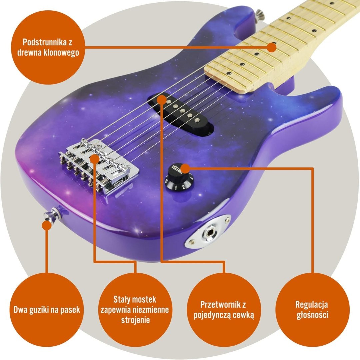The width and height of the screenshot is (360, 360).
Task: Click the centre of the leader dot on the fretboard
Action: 272,47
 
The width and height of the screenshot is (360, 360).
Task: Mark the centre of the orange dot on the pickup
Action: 162,100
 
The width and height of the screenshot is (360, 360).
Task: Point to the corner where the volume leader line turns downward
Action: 312,169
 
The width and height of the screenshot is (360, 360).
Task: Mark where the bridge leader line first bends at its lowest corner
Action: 95,261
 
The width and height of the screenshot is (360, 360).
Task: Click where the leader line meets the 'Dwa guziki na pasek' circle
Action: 47,273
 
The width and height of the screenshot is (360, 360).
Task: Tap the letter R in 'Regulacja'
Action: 298,305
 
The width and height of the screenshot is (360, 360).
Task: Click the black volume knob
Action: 179,177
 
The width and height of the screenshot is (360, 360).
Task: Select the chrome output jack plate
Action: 208,232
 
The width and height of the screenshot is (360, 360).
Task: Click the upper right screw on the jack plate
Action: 227,219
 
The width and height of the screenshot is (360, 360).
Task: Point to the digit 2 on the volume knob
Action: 183,187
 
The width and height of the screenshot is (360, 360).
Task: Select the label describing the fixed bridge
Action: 135,309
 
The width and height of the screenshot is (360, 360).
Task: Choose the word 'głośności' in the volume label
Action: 312,315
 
